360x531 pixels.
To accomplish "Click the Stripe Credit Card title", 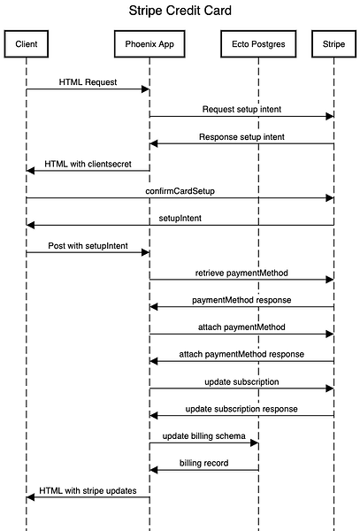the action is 180,11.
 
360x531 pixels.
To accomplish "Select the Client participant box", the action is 27,44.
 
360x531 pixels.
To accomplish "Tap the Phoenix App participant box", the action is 149,44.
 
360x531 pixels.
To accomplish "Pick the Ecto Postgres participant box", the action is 258,44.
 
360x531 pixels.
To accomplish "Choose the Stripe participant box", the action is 334,44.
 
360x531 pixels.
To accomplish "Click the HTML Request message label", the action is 88,82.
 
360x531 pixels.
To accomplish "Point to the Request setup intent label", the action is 241,110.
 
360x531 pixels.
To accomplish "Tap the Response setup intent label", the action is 241,137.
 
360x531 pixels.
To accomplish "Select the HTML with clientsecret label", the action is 88,164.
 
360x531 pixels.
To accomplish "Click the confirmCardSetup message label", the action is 180,191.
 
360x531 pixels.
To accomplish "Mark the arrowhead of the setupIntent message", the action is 30,225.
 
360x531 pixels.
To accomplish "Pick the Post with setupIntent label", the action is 88,245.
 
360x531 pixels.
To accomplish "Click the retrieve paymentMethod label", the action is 241,273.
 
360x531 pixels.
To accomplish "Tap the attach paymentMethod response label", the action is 241,354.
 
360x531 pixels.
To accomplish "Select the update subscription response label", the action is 241,409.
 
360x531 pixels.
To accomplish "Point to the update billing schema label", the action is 204,435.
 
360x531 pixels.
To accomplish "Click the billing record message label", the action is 204,463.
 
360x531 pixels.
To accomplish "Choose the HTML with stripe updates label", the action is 88,490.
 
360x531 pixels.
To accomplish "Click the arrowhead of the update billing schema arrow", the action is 255,442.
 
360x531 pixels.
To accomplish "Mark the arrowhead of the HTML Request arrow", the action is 145,89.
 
